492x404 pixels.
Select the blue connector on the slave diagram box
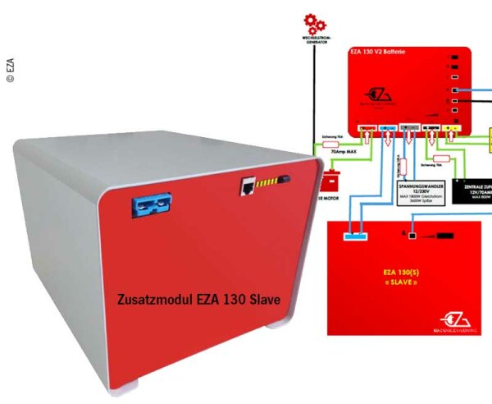(355, 236)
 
